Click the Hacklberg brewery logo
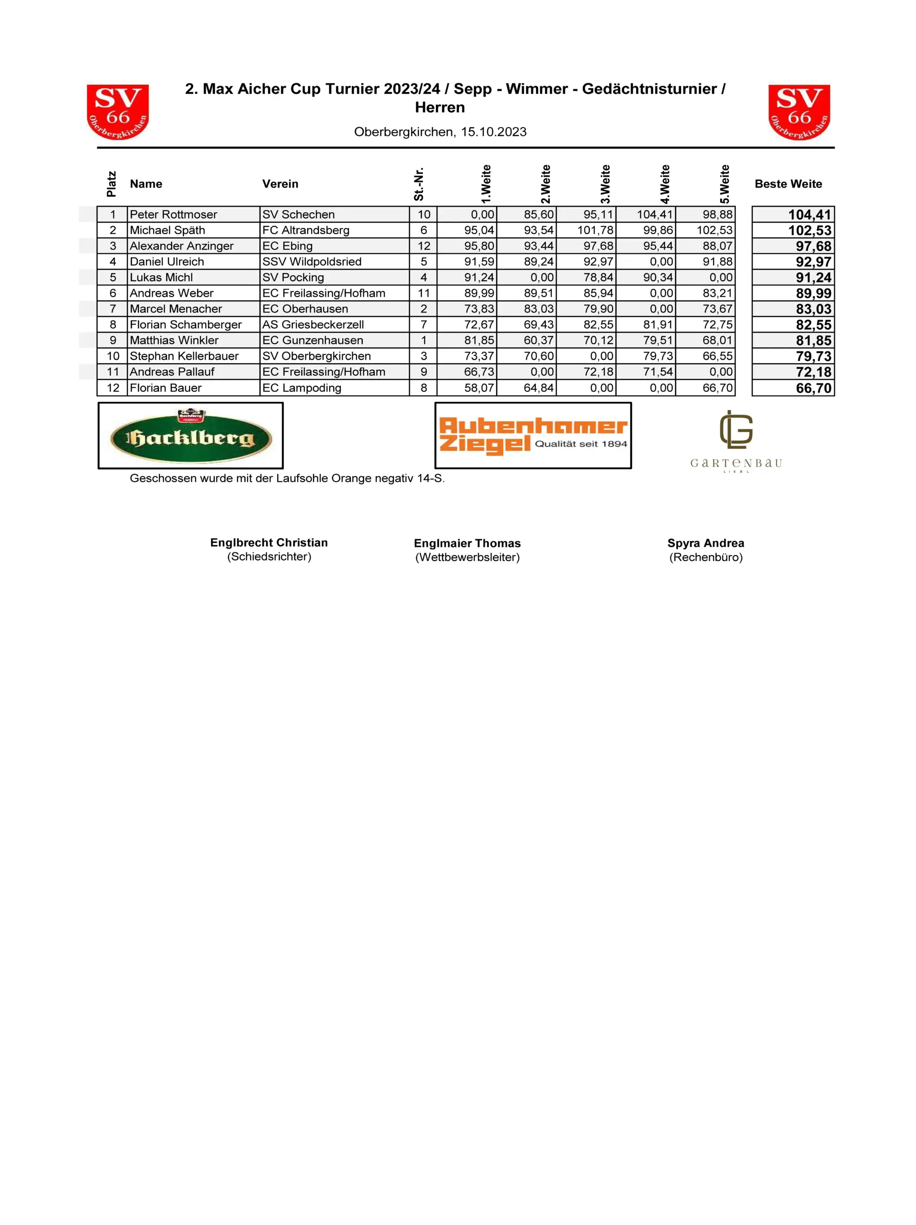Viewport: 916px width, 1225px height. point(190,435)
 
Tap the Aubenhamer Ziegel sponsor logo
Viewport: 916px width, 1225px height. point(532,435)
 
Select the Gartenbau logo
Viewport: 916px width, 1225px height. point(736,441)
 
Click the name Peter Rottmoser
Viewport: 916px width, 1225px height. point(173,214)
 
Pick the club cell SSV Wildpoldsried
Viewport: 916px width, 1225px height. point(312,261)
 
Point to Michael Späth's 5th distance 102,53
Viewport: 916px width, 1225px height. point(715,230)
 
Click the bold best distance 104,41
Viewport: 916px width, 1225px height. point(809,215)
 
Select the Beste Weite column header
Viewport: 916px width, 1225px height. point(788,184)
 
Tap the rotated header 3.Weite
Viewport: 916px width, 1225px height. point(605,184)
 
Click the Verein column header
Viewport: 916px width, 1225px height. point(280,184)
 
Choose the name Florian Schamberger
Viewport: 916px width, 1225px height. point(186,324)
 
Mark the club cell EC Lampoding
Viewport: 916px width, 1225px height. point(302,388)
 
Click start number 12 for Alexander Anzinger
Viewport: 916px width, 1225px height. point(424,246)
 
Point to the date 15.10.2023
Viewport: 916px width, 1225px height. point(493,132)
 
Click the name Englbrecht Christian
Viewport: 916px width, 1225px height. point(268,543)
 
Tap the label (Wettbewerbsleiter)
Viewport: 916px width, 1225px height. point(468,557)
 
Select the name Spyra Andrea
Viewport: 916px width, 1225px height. point(705,543)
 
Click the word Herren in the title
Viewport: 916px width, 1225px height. point(440,108)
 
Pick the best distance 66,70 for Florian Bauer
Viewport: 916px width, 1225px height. point(813,388)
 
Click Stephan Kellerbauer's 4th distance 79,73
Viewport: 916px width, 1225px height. point(658,356)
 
